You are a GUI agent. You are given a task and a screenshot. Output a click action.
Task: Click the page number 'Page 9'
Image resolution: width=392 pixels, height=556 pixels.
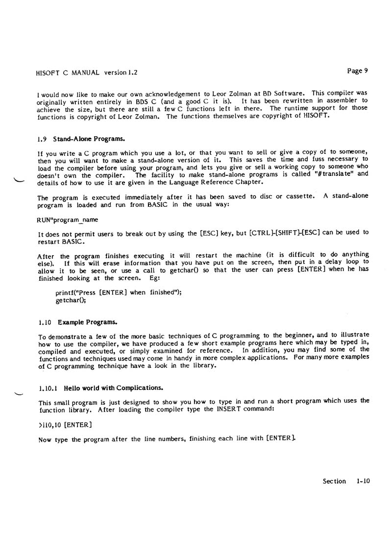pyautogui.click(x=357, y=71)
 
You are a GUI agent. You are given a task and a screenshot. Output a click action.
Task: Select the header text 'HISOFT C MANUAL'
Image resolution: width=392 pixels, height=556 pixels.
pyautogui.click(x=67, y=73)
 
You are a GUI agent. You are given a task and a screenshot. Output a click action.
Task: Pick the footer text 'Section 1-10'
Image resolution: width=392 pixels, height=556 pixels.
pyautogui.click(x=346, y=481)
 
